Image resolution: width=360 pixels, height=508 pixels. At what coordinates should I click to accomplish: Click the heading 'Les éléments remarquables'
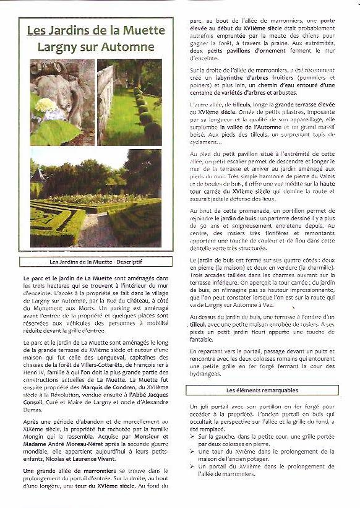pos(262,390)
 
